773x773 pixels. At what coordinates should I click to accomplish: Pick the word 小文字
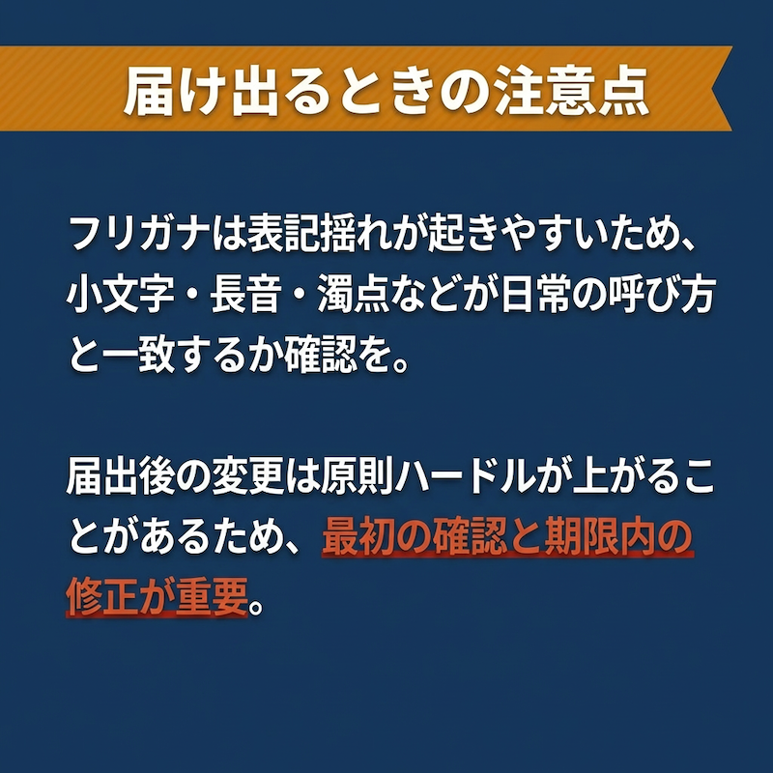click(x=121, y=296)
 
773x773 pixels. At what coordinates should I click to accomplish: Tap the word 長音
click(x=245, y=296)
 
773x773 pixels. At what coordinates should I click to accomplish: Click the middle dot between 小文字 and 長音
click(x=192, y=297)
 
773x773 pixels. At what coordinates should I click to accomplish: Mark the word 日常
click(x=536, y=296)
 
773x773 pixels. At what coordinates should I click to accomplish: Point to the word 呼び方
click(x=662, y=296)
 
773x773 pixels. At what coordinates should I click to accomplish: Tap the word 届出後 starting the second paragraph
click(x=121, y=477)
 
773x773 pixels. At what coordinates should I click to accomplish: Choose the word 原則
click(x=354, y=477)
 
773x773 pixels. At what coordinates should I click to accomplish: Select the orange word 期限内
click(x=599, y=538)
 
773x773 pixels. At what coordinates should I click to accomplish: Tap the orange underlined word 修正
click(x=102, y=597)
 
